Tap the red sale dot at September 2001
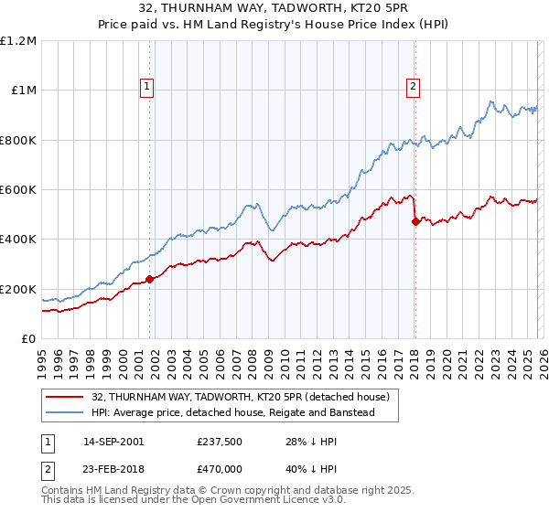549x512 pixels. click(x=149, y=280)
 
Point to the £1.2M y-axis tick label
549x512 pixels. click(x=18, y=40)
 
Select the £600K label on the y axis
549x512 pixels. click(x=18, y=190)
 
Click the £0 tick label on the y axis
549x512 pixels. click(x=28, y=339)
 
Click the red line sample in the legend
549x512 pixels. click(x=64, y=397)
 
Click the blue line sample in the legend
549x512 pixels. click(x=64, y=413)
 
